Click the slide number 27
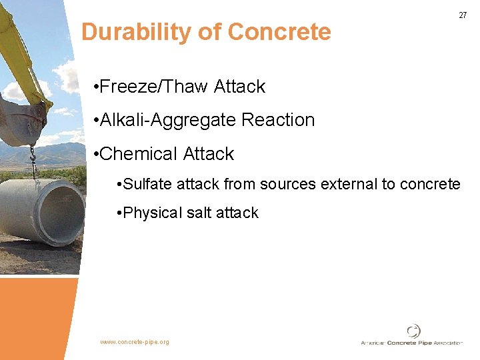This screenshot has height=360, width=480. pyautogui.click(x=463, y=15)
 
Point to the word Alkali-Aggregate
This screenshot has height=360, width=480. pyautogui.click(x=168, y=121)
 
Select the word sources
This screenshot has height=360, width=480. pyautogui.click(x=291, y=184)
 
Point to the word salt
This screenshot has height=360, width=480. pyautogui.click(x=199, y=213)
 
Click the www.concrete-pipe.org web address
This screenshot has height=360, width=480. pyautogui.click(x=135, y=342)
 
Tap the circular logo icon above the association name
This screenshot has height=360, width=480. pyautogui.click(x=414, y=331)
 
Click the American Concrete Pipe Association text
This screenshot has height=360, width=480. pyautogui.click(x=411, y=343)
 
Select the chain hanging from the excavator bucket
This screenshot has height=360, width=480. pyautogui.click(x=31, y=161)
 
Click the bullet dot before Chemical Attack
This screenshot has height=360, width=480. pyautogui.click(x=97, y=155)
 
